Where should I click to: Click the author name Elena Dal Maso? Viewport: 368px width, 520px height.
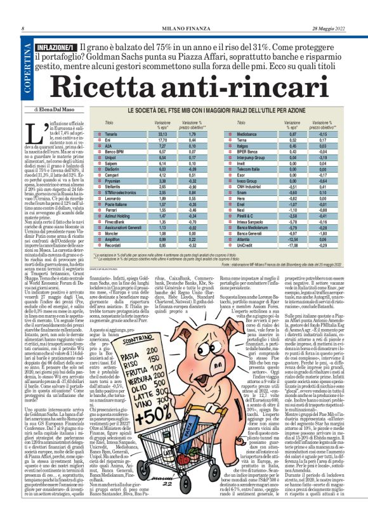click(54, 110)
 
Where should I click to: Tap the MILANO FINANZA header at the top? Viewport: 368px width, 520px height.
click(184, 29)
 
